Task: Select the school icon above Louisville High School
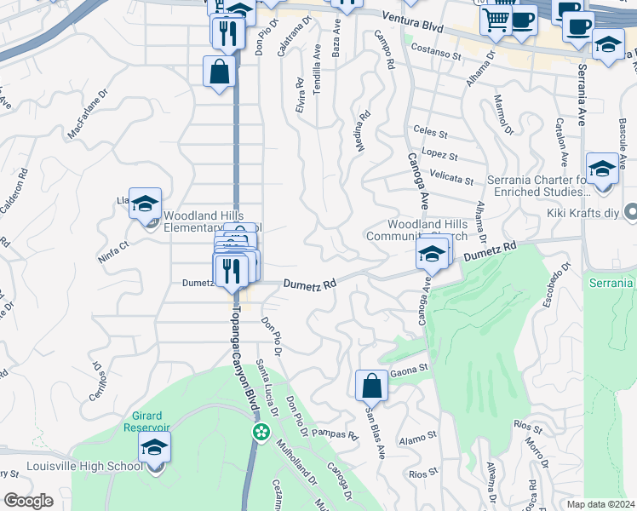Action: (x=154, y=447)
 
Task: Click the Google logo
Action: (x=28, y=501)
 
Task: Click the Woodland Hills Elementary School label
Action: (x=213, y=221)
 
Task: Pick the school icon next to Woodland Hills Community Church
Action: (x=432, y=254)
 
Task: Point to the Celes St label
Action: (x=430, y=134)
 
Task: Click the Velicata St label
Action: (x=451, y=180)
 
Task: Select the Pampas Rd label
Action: (x=334, y=434)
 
